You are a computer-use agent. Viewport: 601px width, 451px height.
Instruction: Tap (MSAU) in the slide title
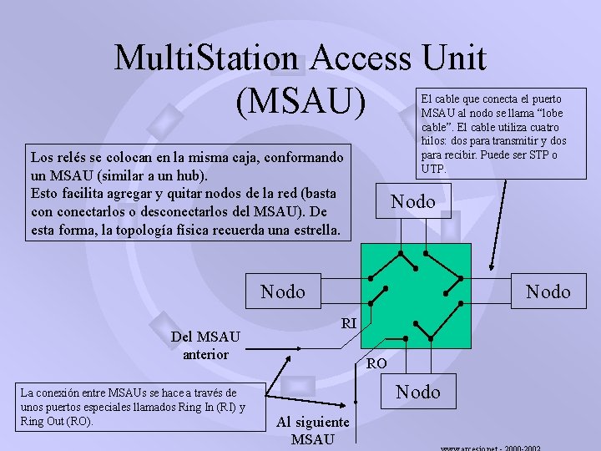point(300,102)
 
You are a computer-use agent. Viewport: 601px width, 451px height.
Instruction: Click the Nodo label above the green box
point(413,201)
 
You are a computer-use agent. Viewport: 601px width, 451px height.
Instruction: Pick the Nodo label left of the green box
point(283,291)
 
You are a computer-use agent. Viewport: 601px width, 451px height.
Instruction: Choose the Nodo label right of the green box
point(548,291)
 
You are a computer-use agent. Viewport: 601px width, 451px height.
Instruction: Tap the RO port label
point(376,363)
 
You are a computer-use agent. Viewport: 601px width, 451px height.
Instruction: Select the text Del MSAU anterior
point(205,345)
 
